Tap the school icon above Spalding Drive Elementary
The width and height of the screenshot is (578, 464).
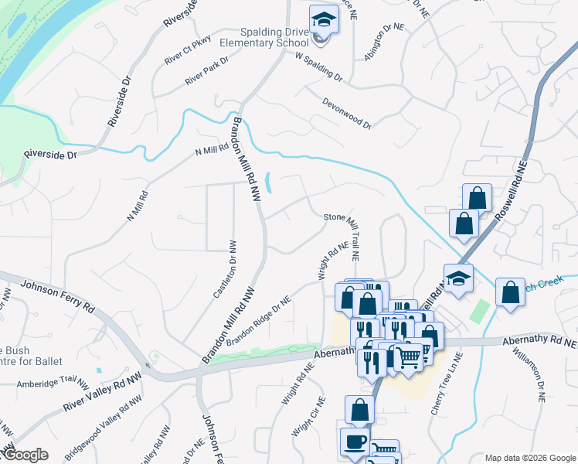pos(324,19)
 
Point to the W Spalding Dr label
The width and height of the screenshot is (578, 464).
pos(318,68)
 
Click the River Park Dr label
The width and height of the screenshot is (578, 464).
pos(207,71)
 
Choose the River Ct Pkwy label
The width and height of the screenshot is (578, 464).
pos(187,54)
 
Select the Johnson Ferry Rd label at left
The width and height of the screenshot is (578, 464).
pos(58,295)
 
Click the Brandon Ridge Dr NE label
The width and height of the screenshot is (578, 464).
pos(258,321)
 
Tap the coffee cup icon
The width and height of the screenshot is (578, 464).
pos(355,442)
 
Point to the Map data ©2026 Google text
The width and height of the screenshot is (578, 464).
pos(529,458)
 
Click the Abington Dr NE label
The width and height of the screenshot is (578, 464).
pos(385,36)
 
